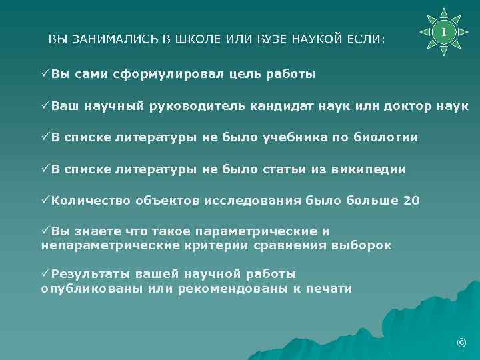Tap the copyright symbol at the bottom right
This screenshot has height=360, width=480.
pyautogui.click(x=460, y=343)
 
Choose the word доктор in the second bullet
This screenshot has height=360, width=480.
pyautogui.click(x=409, y=106)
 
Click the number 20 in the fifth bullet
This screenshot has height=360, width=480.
pyautogui.click(x=412, y=201)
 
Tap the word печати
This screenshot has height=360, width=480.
pyautogui.click(x=327, y=288)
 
